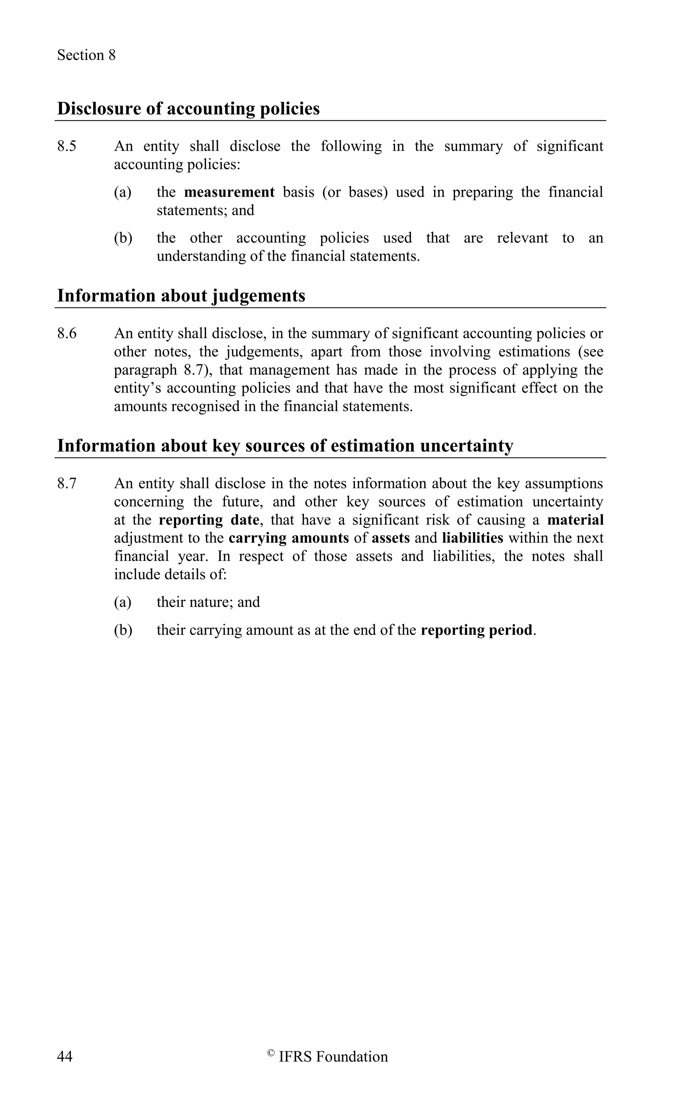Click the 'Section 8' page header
coord(86,55)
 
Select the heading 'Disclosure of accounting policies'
coord(188,109)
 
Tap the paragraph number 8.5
coord(67,146)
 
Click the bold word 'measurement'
coord(229,192)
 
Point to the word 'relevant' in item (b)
coord(522,238)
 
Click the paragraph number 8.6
coord(67,333)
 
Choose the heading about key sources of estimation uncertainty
coord(285,446)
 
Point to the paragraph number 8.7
coord(67,484)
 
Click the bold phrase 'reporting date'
coord(209,520)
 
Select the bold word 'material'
coord(575,520)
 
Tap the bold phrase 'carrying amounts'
coord(289,538)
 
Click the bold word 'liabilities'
coord(472,538)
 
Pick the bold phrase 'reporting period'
coord(476,630)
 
